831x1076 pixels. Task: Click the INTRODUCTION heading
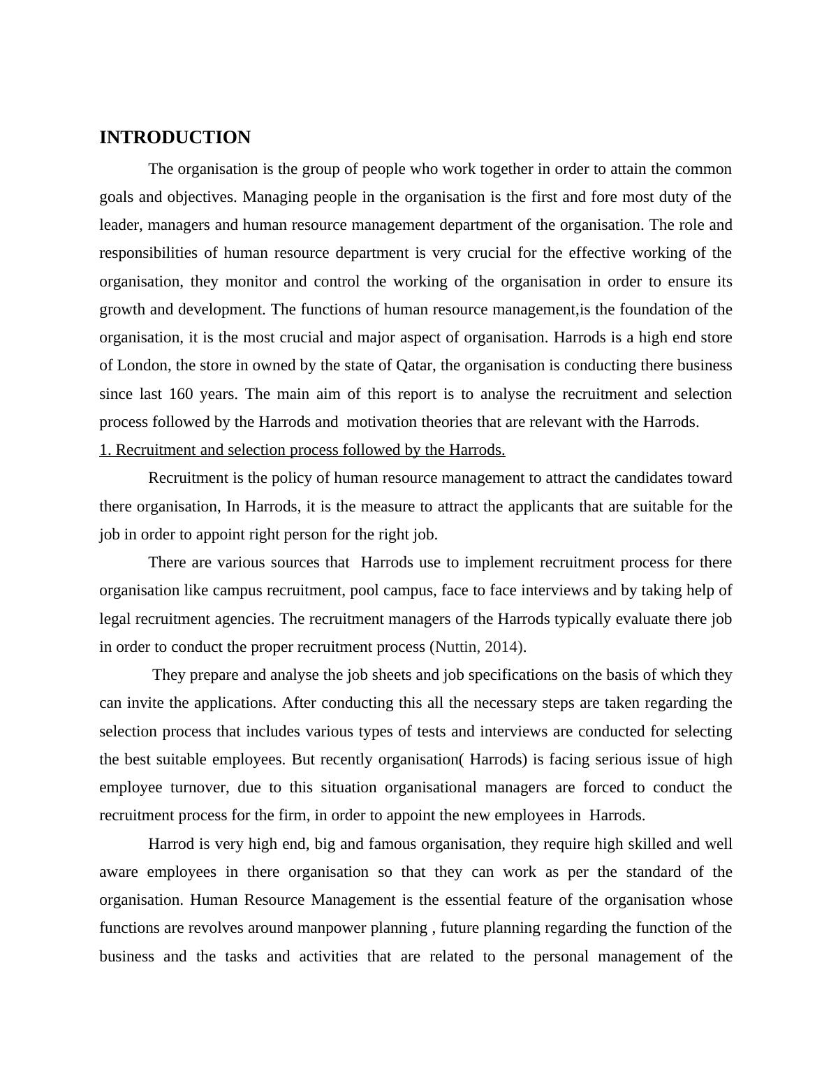pos(175,138)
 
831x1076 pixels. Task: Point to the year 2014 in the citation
pos(501,647)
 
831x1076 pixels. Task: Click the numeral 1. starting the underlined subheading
pos(105,451)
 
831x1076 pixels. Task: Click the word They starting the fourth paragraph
pos(167,676)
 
